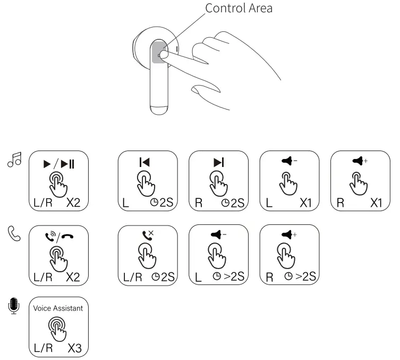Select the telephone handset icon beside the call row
click(x=13, y=233)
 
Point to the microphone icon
click(x=13, y=306)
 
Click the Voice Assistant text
click(x=58, y=308)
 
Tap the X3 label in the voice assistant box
click(x=75, y=348)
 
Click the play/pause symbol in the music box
click(x=58, y=163)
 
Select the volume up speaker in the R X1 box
click(x=360, y=160)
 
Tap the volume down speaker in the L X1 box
click(x=289, y=160)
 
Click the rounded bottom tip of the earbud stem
click(x=159, y=110)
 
